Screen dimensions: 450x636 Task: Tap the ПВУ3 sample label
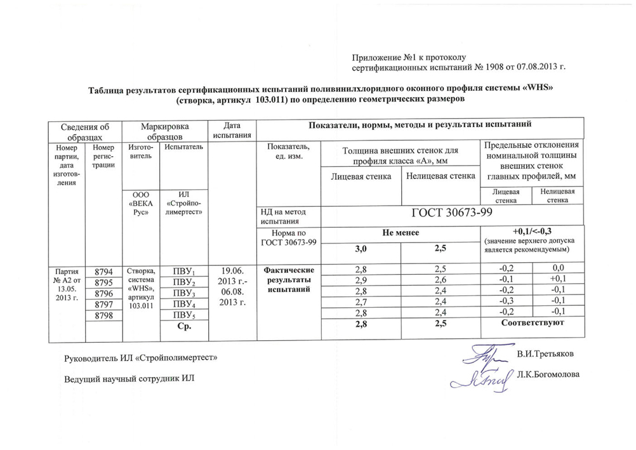click(x=184, y=294)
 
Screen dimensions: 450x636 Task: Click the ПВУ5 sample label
click(x=184, y=315)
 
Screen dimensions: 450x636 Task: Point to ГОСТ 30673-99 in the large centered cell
click(x=453, y=214)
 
